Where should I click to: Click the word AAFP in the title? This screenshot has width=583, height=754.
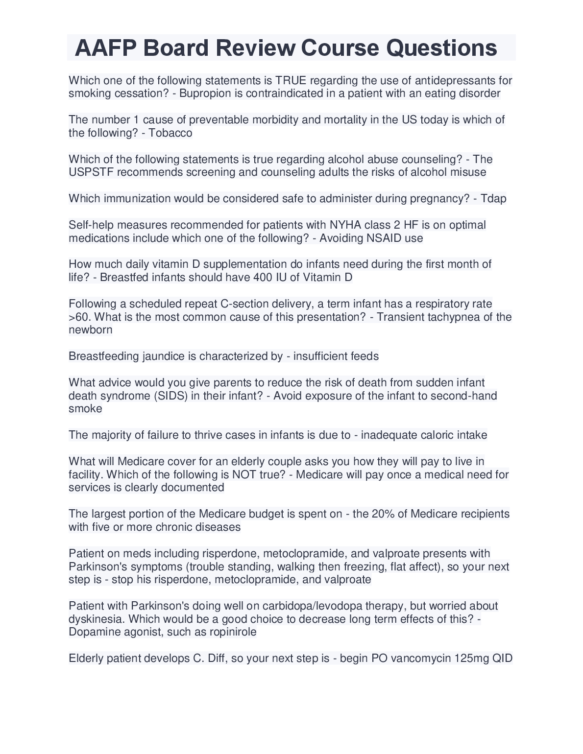[105, 48]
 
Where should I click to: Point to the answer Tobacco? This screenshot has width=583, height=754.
[170, 133]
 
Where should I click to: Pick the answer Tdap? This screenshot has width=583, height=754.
[493, 198]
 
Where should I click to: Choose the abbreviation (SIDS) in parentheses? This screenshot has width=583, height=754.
[171, 396]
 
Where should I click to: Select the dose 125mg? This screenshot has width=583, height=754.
[472, 658]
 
